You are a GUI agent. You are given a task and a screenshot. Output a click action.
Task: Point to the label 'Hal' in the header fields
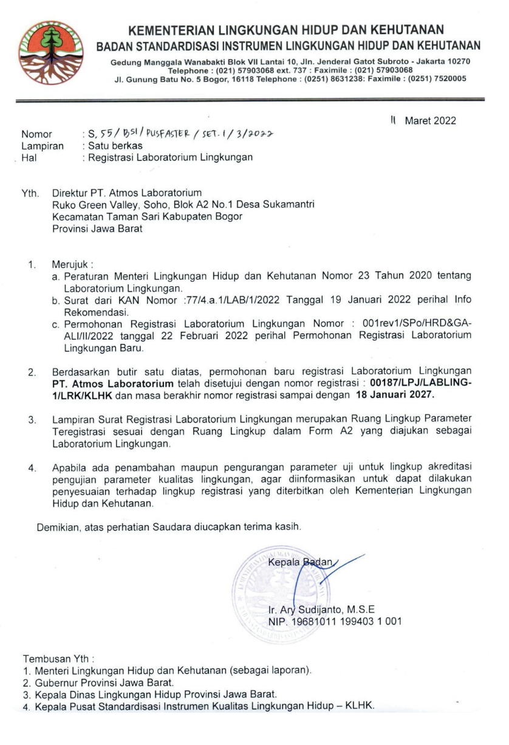29,157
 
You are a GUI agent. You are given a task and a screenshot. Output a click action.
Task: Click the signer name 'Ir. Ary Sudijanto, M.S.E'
321,609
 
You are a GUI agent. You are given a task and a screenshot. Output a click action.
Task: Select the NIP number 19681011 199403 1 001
349,621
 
